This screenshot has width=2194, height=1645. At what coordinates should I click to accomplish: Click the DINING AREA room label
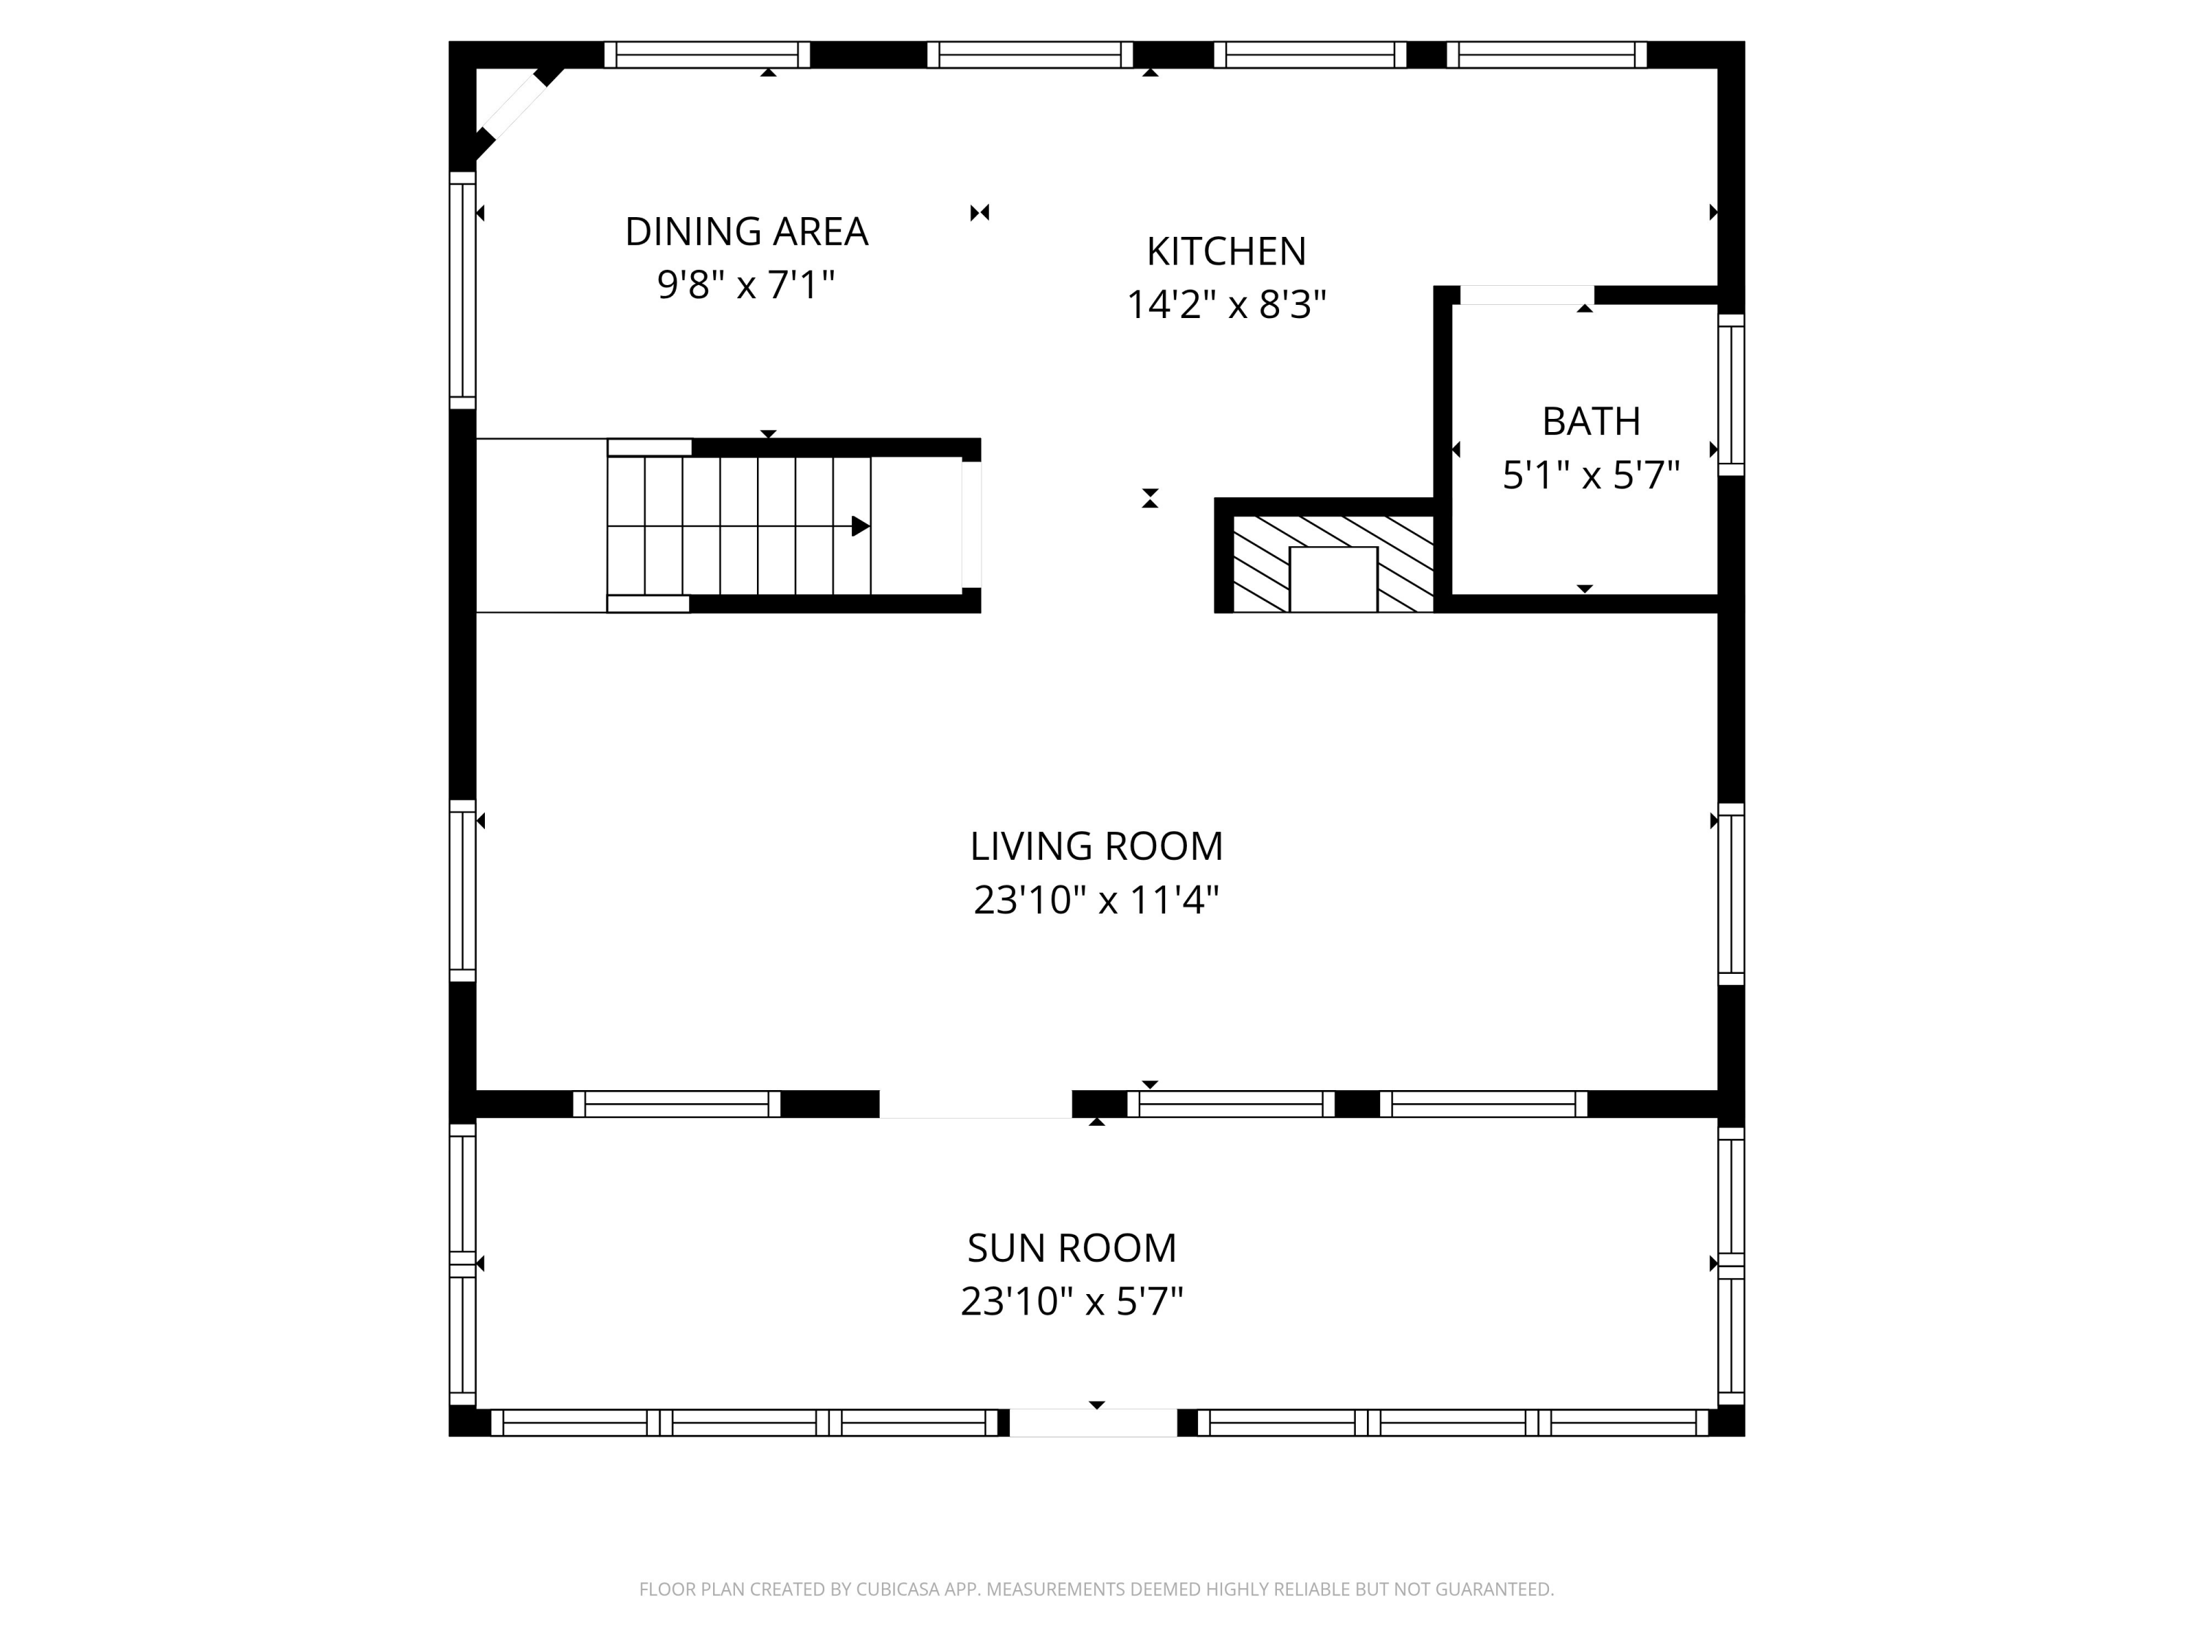(x=746, y=232)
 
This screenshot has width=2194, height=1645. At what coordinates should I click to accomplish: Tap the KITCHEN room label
(x=1226, y=252)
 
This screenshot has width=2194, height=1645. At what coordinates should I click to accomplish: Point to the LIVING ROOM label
(x=1096, y=847)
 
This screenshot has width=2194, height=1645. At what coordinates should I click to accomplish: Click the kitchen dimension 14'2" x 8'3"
(x=1226, y=304)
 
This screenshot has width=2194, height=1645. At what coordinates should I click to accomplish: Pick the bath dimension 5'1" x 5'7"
(x=1591, y=476)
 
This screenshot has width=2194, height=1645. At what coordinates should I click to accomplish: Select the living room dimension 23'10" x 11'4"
(x=1096, y=900)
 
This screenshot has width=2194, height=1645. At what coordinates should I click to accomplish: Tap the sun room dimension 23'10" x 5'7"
(x=1071, y=1301)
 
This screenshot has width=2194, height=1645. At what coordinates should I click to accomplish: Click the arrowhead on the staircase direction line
(x=861, y=526)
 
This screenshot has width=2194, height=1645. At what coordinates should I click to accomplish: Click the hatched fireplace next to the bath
(x=1333, y=563)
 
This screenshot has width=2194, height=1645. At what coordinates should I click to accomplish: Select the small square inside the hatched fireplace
(x=1333, y=579)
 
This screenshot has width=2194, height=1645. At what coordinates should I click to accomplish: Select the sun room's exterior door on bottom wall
(x=1093, y=1423)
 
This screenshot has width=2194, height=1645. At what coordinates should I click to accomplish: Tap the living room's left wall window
(x=462, y=890)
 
